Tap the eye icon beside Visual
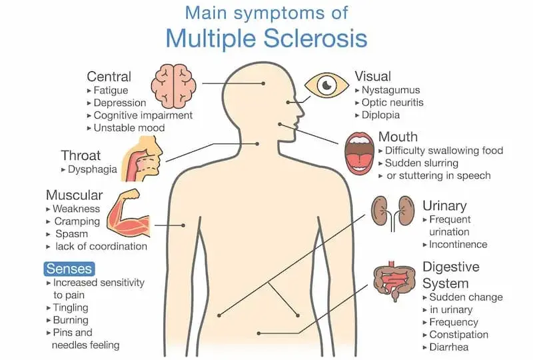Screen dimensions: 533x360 pyautogui.click(x=326, y=85)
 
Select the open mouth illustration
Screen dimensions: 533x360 pyautogui.click(x=359, y=154)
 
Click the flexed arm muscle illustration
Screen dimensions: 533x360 pyautogui.click(x=129, y=213)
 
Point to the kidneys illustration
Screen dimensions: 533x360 pyautogui.click(x=392, y=213)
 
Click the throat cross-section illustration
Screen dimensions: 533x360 pyautogui.click(x=142, y=159)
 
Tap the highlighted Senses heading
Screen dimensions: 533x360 pyautogui.click(x=69, y=269)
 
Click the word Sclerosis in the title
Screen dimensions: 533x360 pyautogui.click(x=315, y=38)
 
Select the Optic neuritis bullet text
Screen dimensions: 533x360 pyautogui.click(x=392, y=103)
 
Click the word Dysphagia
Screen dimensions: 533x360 pyautogui.click(x=93, y=169)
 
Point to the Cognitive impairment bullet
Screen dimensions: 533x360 pyautogui.click(x=143, y=115)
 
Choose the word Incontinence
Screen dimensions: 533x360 pyautogui.click(x=458, y=244)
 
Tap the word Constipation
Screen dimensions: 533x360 pyautogui.click(x=459, y=335)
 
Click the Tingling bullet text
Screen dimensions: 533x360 pyautogui.click(x=71, y=307)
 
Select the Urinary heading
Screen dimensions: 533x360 pyautogui.click(x=444, y=206)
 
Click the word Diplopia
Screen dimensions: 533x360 pyautogui.click(x=380, y=115)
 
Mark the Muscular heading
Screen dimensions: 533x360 pyautogui.click(x=74, y=195)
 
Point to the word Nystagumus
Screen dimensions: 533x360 pyautogui.click(x=391, y=90)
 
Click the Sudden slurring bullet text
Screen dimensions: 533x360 pyautogui.click(x=422, y=163)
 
